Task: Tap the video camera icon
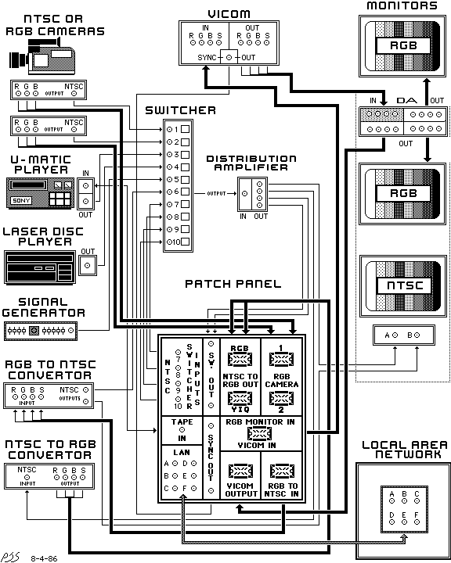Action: point(42,56)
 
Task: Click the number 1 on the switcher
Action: point(177,129)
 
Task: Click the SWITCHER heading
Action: point(180,110)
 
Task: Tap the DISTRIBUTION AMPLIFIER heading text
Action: point(251,163)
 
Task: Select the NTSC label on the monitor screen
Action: point(402,286)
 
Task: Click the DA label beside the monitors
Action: point(405,101)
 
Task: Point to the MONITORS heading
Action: point(402,6)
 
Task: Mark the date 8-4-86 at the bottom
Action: point(45,558)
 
